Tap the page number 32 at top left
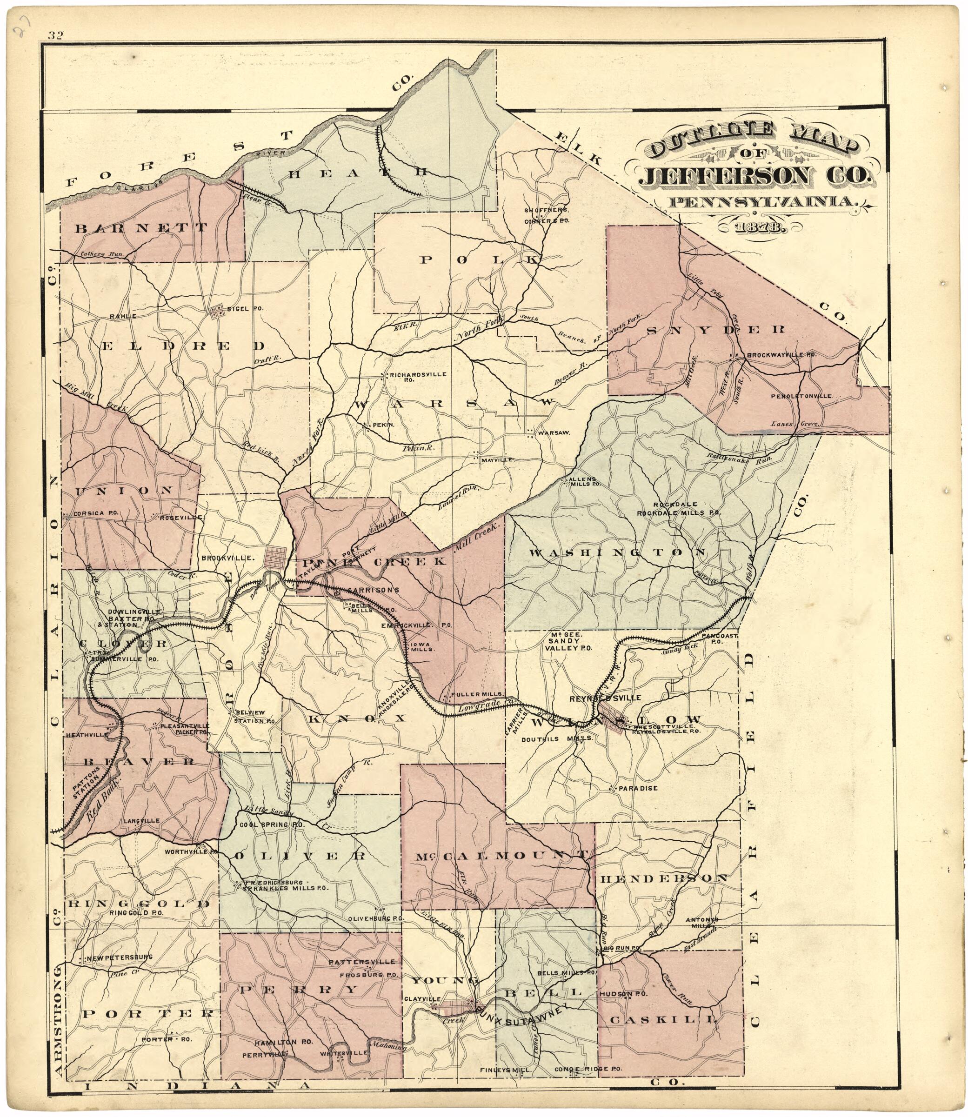56,36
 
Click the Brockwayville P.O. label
780,356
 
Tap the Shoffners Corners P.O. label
546,215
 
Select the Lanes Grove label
796,424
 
